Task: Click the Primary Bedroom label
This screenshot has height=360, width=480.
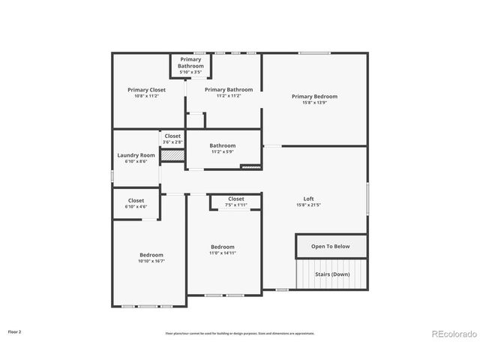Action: [x=314, y=96]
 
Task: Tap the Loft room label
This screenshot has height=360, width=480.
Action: [x=308, y=198]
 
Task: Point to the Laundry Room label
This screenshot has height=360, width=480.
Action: [x=136, y=155]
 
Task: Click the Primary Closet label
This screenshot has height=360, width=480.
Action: [x=146, y=89]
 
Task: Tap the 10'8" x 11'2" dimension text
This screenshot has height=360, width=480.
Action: [x=146, y=96]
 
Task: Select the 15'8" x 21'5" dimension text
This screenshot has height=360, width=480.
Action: [x=308, y=205]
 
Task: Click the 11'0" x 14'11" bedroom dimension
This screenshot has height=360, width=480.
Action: [x=223, y=253]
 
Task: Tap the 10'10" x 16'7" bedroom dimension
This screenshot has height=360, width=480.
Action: [x=151, y=261]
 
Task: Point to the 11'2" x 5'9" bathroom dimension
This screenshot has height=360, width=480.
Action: [x=223, y=152]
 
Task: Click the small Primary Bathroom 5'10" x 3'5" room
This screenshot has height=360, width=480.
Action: [x=190, y=65]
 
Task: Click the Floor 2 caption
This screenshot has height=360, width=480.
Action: [x=15, y=331]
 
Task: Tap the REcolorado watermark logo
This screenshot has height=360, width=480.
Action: [x=454, y=333]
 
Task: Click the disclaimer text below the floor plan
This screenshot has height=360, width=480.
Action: [x=240, y=334]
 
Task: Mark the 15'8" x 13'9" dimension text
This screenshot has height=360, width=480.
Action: [x=314, y=103]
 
